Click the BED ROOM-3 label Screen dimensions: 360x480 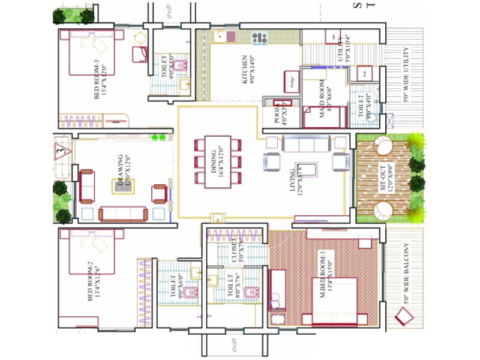(100, 80)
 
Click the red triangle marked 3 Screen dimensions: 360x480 (61, 151)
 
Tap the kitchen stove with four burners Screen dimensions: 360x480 (259, 37)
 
